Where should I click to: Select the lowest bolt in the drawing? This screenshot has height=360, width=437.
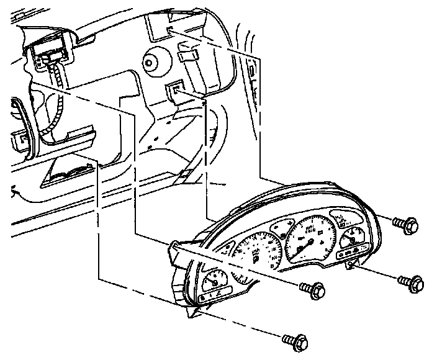coord(295,340)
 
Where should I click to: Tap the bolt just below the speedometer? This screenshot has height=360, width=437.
coord(312,288)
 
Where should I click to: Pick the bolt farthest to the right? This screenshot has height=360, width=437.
coord(413,283)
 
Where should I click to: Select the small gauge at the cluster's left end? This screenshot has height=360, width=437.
coord(214,280)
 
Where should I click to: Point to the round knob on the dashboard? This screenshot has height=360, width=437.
coord(153,61)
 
